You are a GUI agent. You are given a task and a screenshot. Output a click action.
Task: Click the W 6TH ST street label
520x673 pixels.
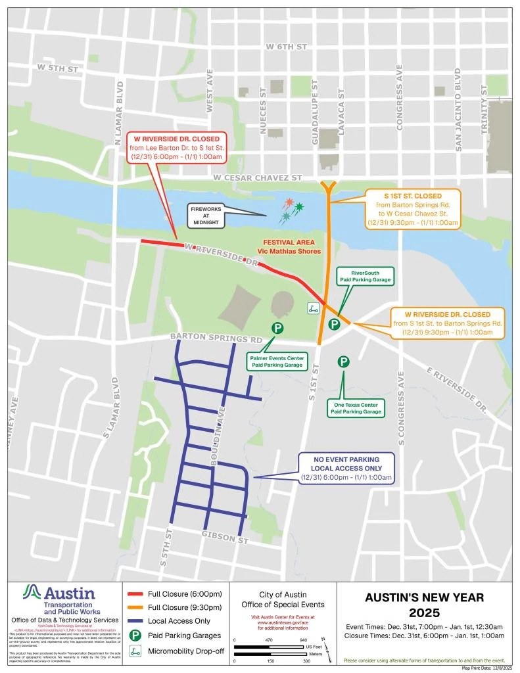[x=287, y=47]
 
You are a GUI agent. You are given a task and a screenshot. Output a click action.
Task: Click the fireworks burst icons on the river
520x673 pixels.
[x=290, y=210]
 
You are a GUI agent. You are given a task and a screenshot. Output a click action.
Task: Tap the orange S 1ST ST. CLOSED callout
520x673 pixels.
[x=413, y=210]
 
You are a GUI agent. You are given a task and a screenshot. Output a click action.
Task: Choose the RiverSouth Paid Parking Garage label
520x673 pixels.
[x=365, y=276]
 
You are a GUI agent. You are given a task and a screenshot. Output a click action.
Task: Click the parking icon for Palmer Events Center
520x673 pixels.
[x=277, y=329]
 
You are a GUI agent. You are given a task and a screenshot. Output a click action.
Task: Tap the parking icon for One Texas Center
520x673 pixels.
[x=343, y=361]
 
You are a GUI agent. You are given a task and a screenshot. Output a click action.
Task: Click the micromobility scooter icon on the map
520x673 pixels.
[x=314, y=308]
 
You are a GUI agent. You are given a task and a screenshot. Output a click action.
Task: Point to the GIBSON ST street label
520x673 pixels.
[x=225, y=538]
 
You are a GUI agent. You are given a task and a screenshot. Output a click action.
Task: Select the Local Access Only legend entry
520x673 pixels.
[x=171, y=621]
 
